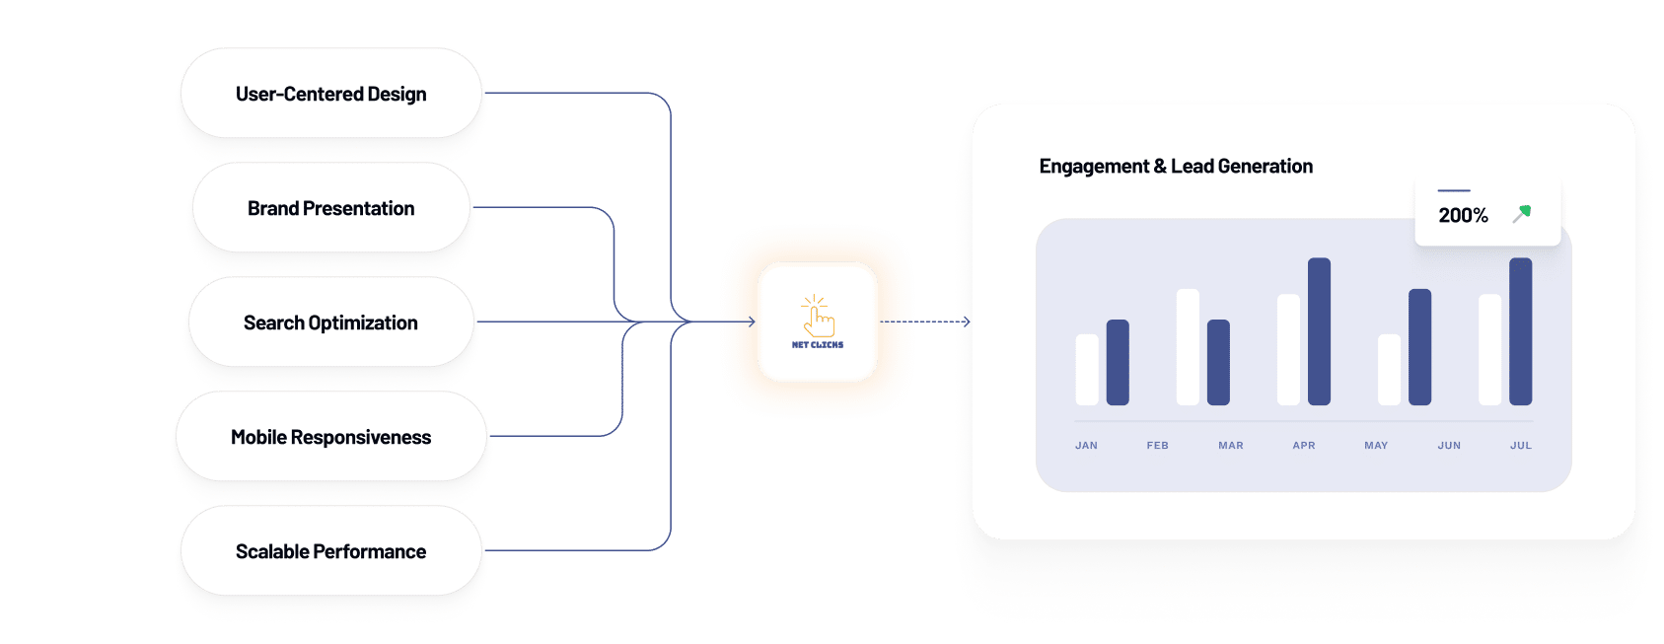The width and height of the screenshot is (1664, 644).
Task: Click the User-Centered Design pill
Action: [331, 93]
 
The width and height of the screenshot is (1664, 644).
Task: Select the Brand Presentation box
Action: [331, 207]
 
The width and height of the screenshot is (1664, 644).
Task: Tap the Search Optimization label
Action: [330, 322]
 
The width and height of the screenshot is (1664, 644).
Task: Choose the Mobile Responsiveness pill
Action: [331, 436]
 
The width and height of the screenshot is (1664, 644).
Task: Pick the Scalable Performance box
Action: [331, 550]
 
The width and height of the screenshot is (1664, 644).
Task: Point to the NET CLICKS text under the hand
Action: [817, 344]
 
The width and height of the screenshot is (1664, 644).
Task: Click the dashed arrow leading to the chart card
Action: [925, 322]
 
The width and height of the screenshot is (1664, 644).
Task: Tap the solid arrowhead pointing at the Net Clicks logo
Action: [752, 322]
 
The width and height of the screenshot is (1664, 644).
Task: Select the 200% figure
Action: [1463, 215]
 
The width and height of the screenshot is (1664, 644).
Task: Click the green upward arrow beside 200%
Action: [1522, 214]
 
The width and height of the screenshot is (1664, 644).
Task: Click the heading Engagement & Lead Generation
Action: [1175, 166]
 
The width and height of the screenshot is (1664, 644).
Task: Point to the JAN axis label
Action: [1086, 445]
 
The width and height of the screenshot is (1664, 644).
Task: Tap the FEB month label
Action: [1157, 445]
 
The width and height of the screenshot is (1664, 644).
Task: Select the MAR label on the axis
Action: [1231, 445]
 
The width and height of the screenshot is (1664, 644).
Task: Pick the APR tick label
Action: [1304, 445]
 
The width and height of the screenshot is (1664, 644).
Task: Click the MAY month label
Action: [1377, 445]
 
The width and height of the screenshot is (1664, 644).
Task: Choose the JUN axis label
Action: [1449, 445]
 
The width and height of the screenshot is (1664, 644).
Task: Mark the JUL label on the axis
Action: [1521, 445]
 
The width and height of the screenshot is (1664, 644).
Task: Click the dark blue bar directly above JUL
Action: [1521, 331]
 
